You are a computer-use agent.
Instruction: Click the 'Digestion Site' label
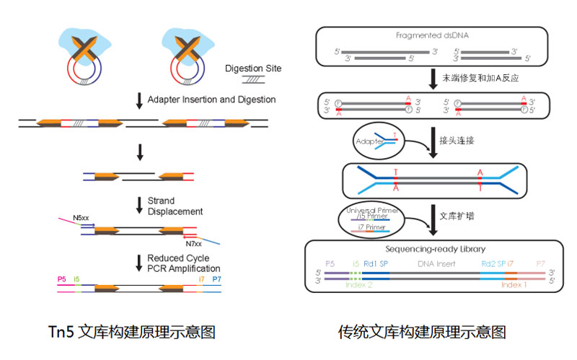point(253,69)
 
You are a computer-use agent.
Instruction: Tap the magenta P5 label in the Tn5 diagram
point(61,277)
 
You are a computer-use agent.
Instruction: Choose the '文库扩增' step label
point(459,214)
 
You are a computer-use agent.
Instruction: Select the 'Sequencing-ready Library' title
point(433,247)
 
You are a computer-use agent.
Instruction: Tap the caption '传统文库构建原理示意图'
point(422,332)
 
